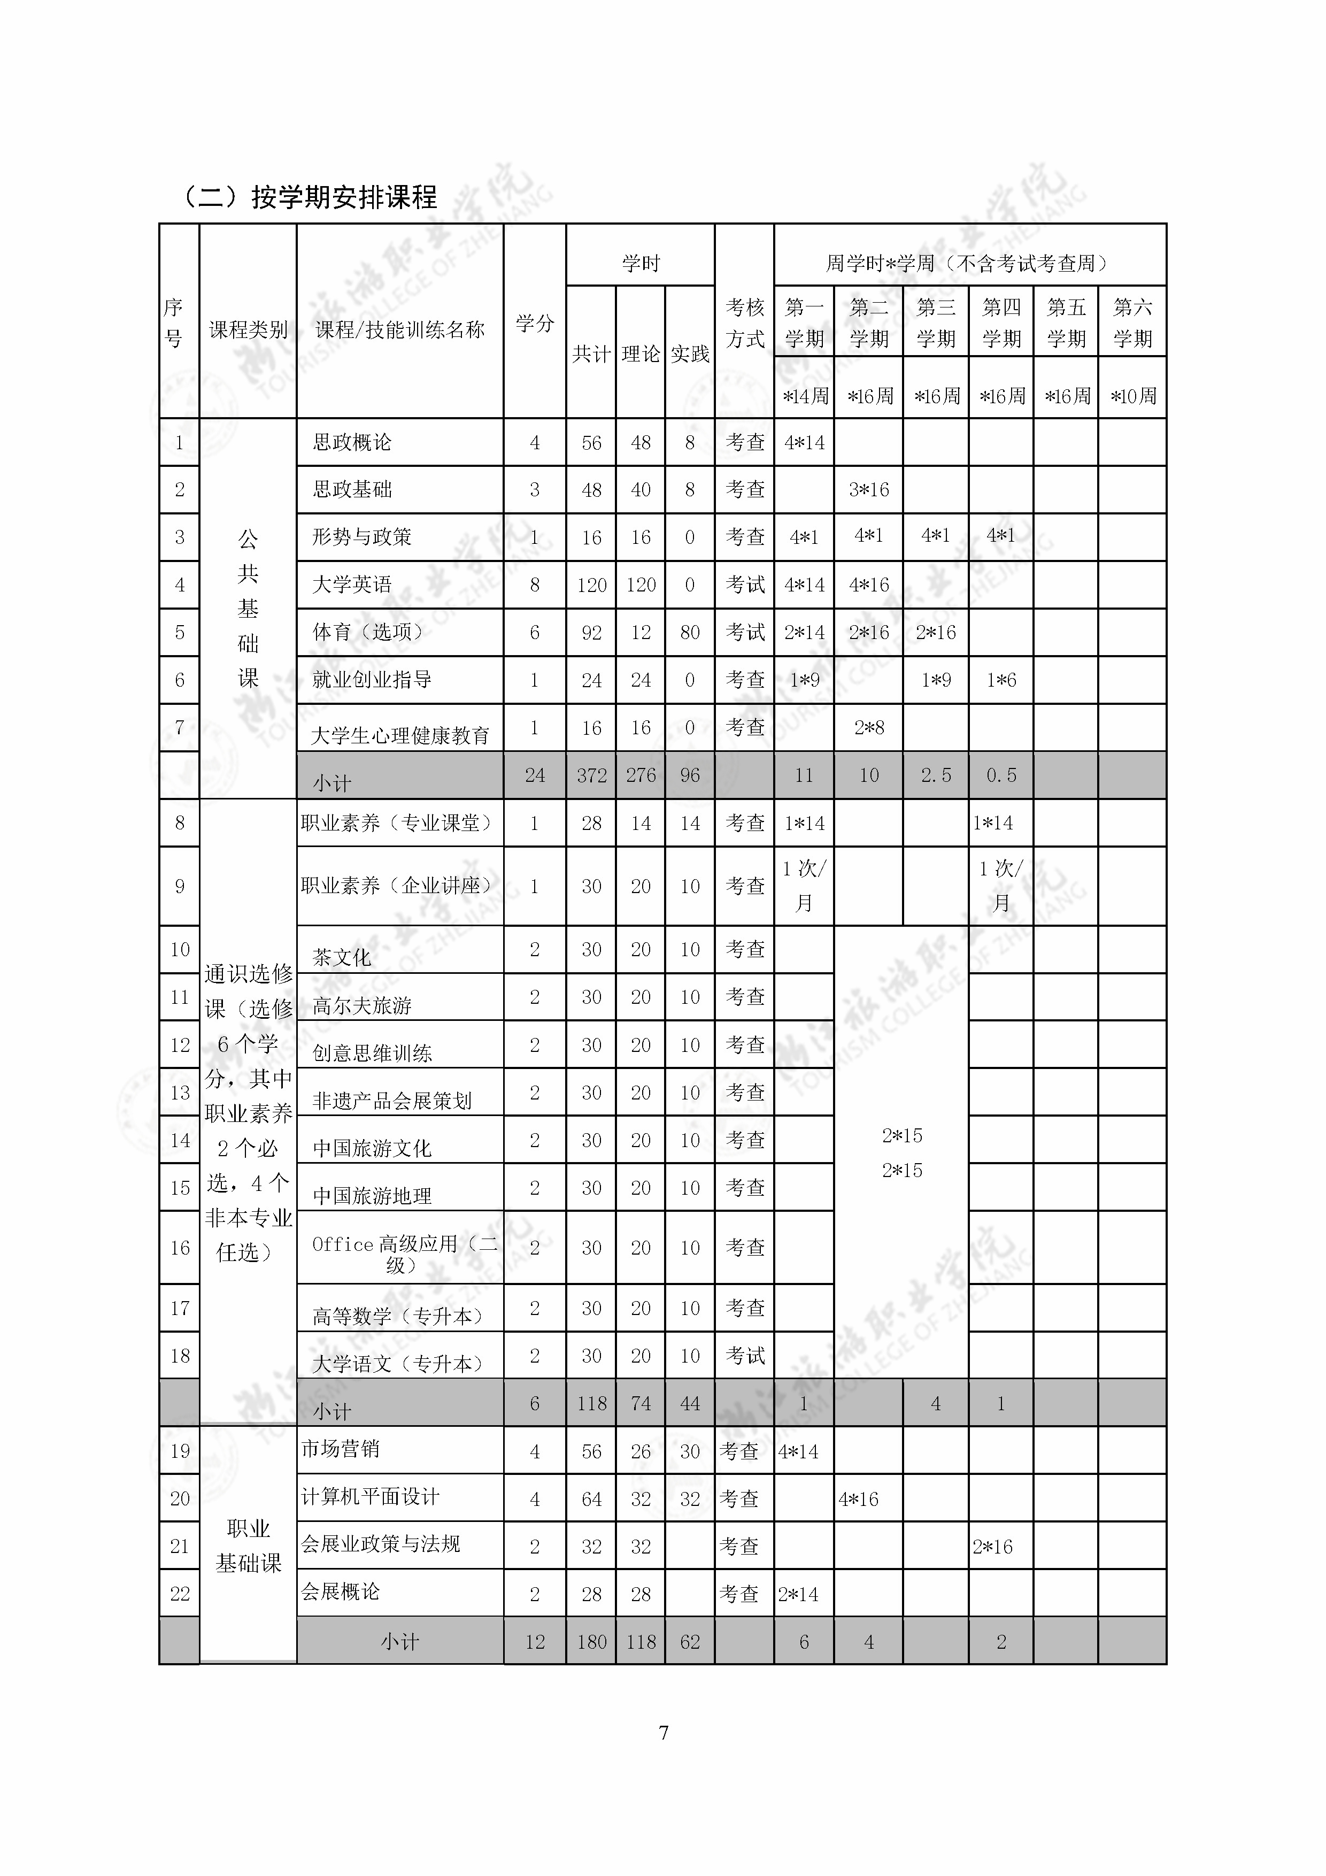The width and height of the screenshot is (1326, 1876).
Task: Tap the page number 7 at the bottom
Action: pyautogui.click(x=664, y=1732)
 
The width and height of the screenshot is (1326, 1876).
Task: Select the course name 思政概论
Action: pyautogui.click(x=352, y=443)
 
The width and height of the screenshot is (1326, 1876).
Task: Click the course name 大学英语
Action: pyautogui.click(x=352, y=585)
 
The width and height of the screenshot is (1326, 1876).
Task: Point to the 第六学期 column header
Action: pyautogui.click(x=1132, y=323)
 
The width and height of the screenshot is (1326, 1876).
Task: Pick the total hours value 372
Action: pyautogui.click(x=591, y=775)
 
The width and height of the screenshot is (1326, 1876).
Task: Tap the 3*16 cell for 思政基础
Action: pyautogui.click(x=868, y=490)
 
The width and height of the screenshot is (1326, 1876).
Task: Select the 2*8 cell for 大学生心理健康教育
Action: pyautogui.click(x=868, y=727)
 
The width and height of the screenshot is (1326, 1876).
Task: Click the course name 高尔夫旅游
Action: pyautogui.click(x=362, y=1006)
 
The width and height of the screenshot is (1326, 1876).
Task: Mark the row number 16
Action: pyautogui.click(x=180, y=1248)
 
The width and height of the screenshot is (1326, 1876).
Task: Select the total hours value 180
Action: pyautogui.click(x=591, y=1642)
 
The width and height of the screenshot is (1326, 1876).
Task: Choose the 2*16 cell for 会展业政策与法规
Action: pyautogui.click(x=993, y=1547)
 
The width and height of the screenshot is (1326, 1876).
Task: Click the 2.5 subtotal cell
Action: pyautogui.click(x=936, y=775)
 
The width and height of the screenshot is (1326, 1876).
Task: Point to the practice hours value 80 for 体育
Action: pyautogui.click(x=690, y=633)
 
